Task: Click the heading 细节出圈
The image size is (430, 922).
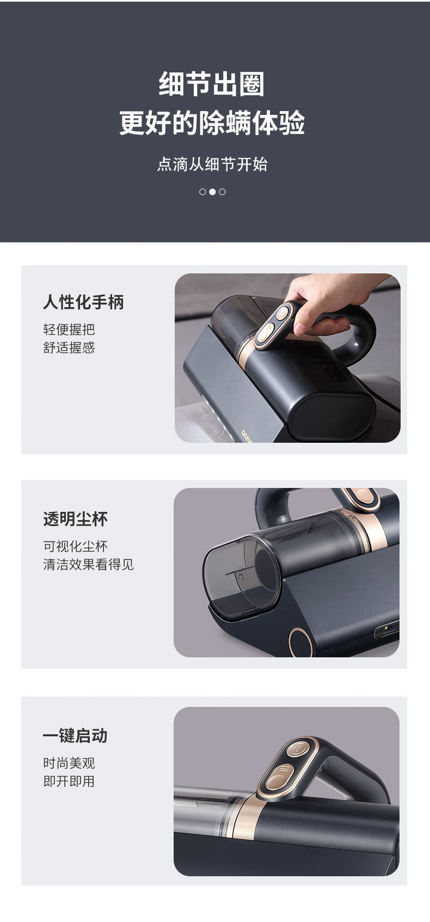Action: pyautogui.click(x=212, y=84)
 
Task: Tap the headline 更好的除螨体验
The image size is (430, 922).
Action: pyautogui.click(x=212, y=123)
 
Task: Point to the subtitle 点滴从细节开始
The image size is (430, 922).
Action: pyautogui.click(x=212, y=164)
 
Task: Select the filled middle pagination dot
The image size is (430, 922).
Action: pyautogui.click(x=212, y=192)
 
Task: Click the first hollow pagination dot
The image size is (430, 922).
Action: pyautogui.click(x=202, y=192)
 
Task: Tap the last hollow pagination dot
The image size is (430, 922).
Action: pyautogui.click(x=222, y=192)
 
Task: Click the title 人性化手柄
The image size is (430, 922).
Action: pyautogui.click(x=83, y=302)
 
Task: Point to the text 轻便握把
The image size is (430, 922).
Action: pyautogui.click(x=69, y=329)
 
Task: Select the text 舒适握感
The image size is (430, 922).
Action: pyautogui.click(x=69, y=348)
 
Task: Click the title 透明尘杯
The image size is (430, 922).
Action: pyautogui.click(x=75, y=518)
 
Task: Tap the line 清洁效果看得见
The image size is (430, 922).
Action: pyautogui.click(x=89, y=564)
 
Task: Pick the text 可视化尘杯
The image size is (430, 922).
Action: pyautogui.click(x=75, y=546)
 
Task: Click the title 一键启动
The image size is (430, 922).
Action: pyautogui.click(x=75, y=736)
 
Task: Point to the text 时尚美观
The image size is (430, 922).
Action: pyautogui.click(x=69, y=763)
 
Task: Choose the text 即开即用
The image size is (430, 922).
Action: pyautogui.click(x=69, y=781)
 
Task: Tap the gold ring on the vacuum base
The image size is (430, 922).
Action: pyautogui.click(x=300, y=643)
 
